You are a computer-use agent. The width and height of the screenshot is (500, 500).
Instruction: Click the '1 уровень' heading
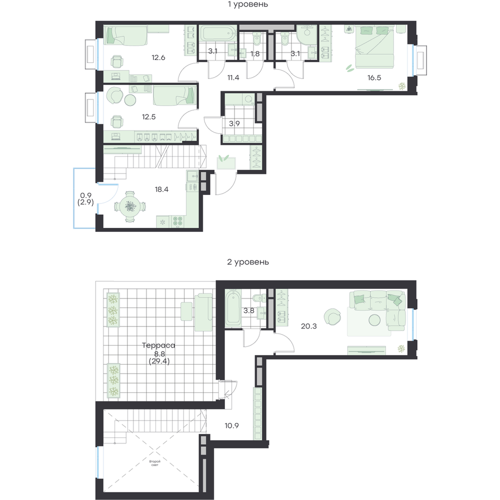pyautogui.click(x=248, y=4)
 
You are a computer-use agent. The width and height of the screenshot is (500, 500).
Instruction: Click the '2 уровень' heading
pyautogui.click(x=248, y=262)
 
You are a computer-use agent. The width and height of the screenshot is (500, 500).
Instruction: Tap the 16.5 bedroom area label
pyautogui.click(x=374, y=77)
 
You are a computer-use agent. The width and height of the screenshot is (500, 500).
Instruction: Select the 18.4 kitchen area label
pyautogui.click(x=161, y=189)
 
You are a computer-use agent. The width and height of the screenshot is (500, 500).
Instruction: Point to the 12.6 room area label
pyautogui.click(x=158, y=57)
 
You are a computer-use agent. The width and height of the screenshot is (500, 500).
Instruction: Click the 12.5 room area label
pyautogui.click(x=148, y=117)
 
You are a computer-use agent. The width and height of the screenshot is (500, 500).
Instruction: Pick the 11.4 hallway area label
pyautogui.click(x=233, y=77)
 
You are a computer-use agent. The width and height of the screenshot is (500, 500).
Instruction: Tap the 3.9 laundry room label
pyautogui.click(x=234, y=123)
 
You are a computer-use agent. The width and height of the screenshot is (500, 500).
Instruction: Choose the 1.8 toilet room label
pyautogui.click(x=255, y=54)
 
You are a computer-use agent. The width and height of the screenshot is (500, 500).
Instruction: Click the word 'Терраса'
pyautogui.click(x=158, y=345)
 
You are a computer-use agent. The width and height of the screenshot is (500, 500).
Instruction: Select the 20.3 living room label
pyautogui.click(x=308, y=326)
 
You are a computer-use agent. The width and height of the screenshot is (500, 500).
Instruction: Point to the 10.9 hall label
pyautogui.click(x=231, y=425)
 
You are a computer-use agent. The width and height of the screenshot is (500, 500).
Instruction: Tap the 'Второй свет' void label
pyautogui.click(x=154, y=463)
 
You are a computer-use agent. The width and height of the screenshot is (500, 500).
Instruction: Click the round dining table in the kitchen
pyautogui.click(x=130, y=206)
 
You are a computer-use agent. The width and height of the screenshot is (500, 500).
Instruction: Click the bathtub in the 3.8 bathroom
pyautogui.click(x=233, y=308)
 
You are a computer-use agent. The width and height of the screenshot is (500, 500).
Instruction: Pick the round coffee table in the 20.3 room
pyautogui.click(x=374, y=320)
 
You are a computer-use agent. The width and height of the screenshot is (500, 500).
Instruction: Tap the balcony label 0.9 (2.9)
pyautogui.click(x=85, y=198)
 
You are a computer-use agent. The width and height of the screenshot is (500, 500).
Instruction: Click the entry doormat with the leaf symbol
pyautogui.click(x=226, y=163)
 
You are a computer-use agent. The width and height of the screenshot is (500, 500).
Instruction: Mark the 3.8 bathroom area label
pyautogui.click(x=248, y=310)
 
